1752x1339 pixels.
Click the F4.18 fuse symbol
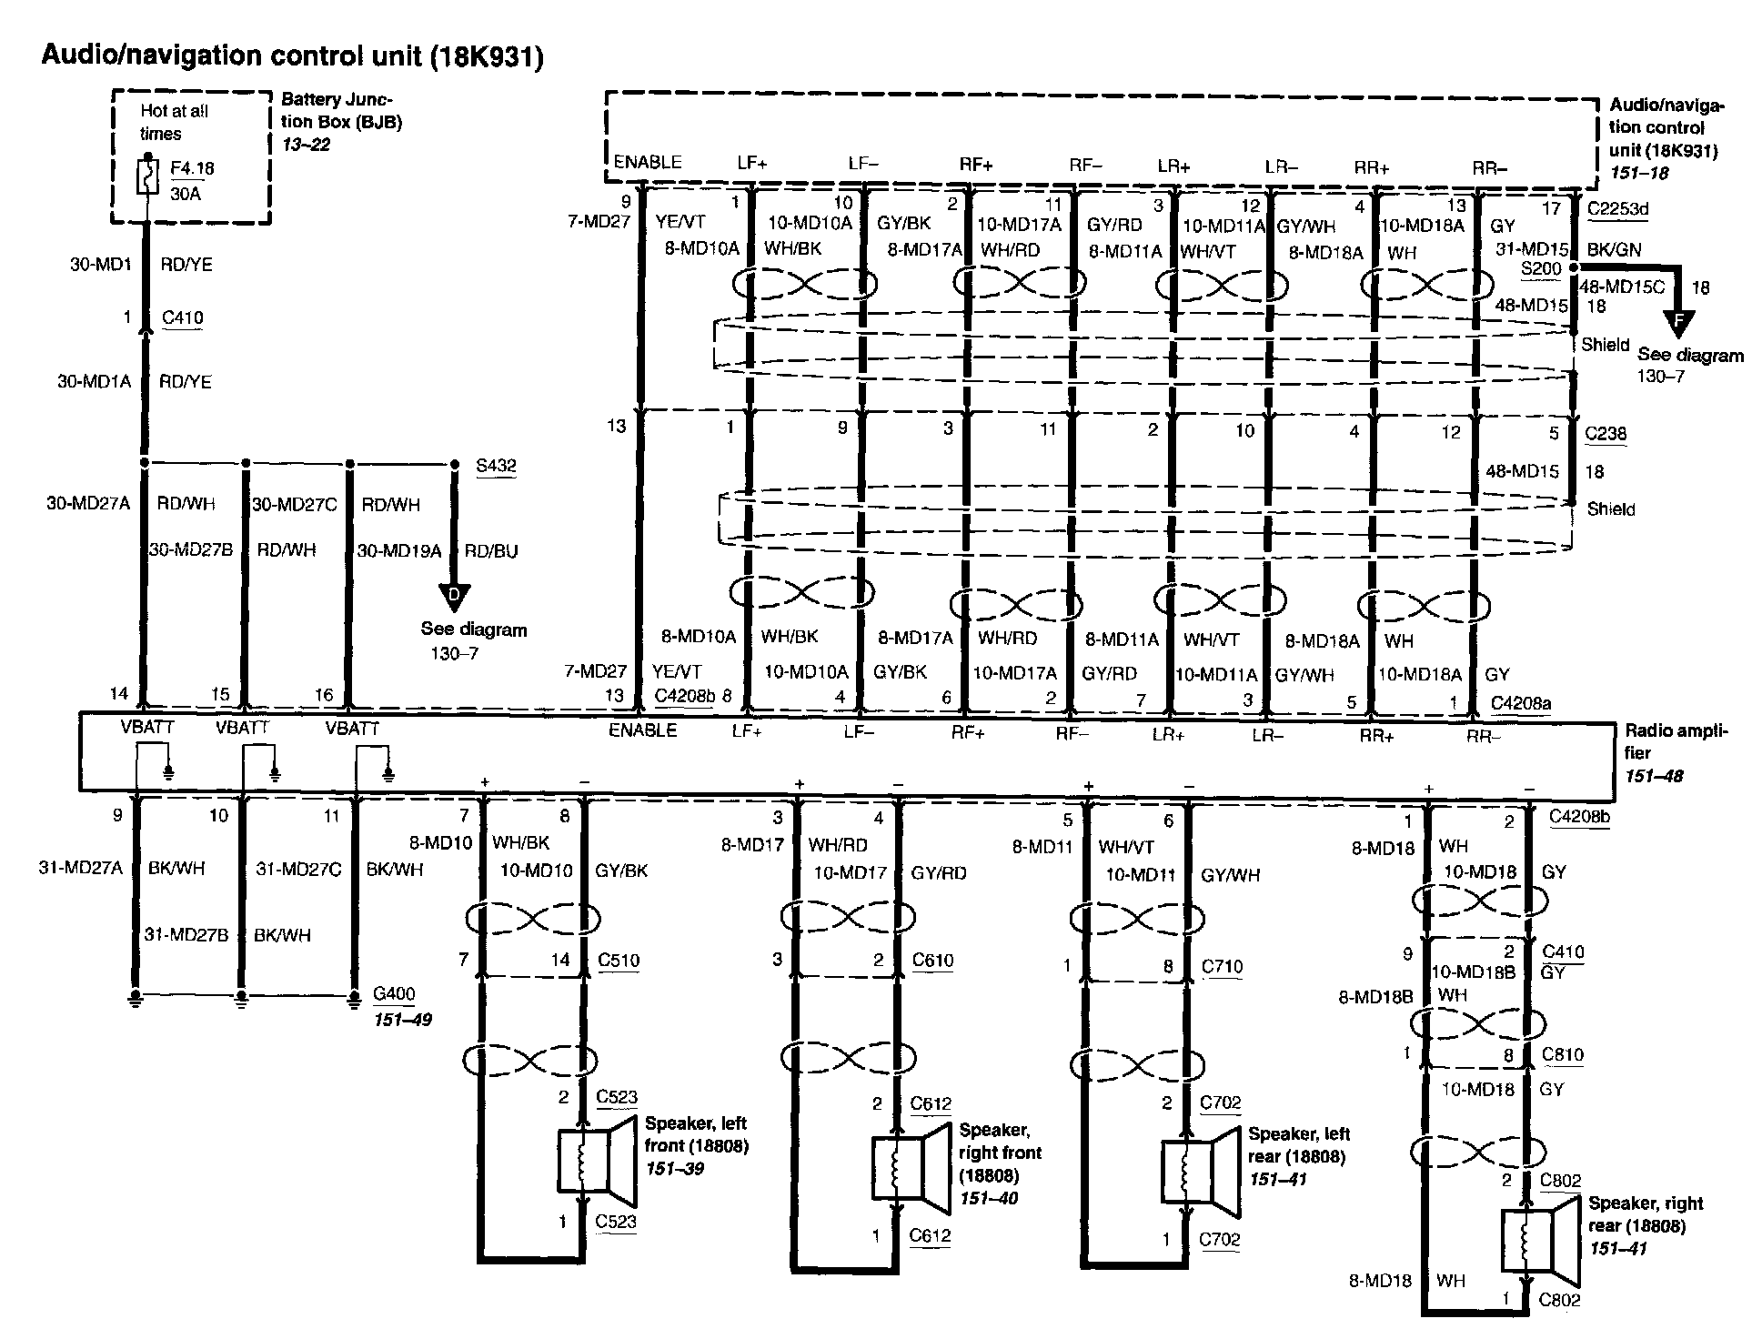(146, 177)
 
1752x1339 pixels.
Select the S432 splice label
(496, 467)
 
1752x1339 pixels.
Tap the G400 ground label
(394, 994)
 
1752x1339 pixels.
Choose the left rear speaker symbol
(1200, 1173)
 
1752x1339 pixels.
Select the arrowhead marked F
(1678, 319)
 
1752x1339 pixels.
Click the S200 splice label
(1540, 269)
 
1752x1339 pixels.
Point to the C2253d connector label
(1616, 209)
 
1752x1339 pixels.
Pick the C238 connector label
(1605, 434)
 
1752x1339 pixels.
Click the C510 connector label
(619, 961)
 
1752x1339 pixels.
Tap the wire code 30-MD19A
(398, 551)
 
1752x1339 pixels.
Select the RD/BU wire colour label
(490, 551)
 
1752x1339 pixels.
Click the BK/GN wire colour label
(1614, 249)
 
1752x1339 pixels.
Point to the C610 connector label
(933, 961)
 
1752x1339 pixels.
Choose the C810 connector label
(1563, 1055)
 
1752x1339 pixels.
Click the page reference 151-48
(1654, 776)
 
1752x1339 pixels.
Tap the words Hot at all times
(173, 122)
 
